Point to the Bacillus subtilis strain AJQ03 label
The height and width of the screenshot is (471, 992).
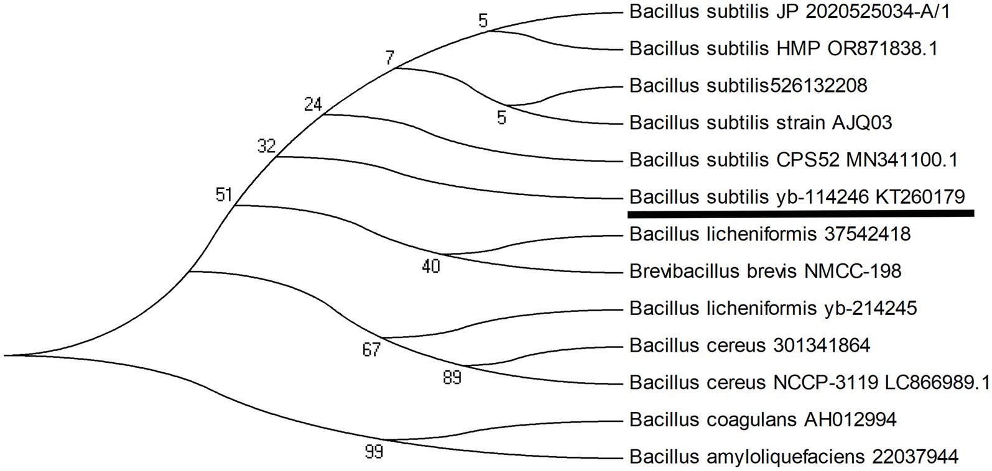pyautogui.click(x=761, y=122)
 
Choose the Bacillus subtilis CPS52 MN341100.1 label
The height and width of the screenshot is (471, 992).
pyautogui.click(x=793, y=160)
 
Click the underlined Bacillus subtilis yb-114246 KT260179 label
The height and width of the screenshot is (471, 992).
pyautogui.click(x=797, y=197)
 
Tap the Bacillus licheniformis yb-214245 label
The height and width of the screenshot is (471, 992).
pyautogui.click(x=773, y=308)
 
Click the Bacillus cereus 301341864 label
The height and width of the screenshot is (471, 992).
pyautogui.click(x=749, y=345)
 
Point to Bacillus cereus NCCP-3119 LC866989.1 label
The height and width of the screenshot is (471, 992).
pyautogui.click(x=809, y=382)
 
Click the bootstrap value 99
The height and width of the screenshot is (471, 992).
pyautogui.click(x=373, y=452)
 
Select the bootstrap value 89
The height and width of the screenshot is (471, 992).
pyautogui.click(x=452, y=377)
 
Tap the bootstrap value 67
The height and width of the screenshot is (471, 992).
pyautogui.click(x=371, y=350)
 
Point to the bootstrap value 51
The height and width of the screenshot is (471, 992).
pyautogui.click(x=223, y=195)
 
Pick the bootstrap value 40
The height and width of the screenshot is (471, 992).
pyautogui.click(x=431, y=267)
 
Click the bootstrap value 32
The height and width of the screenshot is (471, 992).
pyautogui.click(x=266, y=147)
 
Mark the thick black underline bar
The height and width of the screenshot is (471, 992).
pyautogui.click(x=800, y=214)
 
